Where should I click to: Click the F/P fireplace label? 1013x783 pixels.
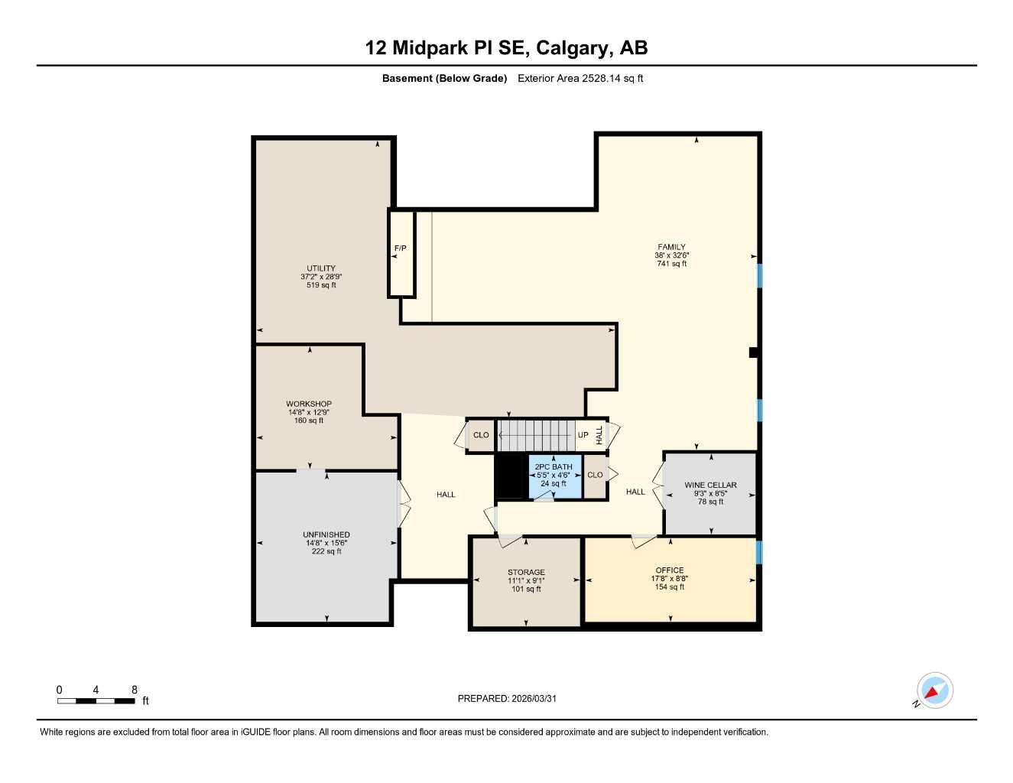click(400, 249)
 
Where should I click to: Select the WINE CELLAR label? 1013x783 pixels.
click(710, 485)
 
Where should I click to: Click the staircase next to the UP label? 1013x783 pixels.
click(536, 435)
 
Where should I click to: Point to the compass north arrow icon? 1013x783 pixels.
click(933, 691)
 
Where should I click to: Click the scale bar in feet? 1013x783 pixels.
click(96, 700)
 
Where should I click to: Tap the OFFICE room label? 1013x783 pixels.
click(669, 570)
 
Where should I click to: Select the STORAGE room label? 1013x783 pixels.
click(526, 572)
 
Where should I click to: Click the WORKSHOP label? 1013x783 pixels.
click(309, 404)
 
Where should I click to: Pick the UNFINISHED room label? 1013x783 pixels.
click(326, 534)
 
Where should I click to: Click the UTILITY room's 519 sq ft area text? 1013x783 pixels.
click(321, 285)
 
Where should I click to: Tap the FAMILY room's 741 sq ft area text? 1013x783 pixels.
click(671, 264)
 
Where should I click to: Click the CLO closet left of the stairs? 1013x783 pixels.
click(481, 435)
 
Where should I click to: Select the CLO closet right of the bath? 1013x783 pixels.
click(595, 475)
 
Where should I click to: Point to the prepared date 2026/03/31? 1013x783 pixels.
click(507, 698)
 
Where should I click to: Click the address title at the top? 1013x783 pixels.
click(506, 48)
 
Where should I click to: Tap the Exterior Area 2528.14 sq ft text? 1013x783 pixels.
click(580, 78)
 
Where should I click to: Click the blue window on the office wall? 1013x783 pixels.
click(759, 552)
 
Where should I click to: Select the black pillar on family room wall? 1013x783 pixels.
click(753, 353)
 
